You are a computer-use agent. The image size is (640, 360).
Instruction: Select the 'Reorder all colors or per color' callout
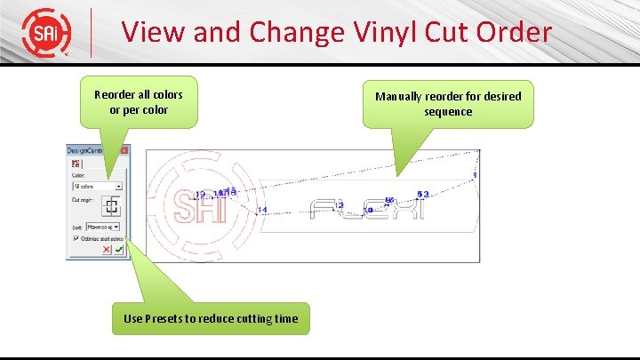click(139, 103)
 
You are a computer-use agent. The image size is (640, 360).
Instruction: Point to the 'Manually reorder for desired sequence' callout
click(448, 104)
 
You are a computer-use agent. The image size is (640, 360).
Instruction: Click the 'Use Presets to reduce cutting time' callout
click(211, 318)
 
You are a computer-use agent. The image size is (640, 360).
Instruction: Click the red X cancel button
click(107, 251)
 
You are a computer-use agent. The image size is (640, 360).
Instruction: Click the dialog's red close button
click(124, 151)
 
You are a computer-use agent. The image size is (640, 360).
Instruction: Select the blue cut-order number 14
click(261, 210)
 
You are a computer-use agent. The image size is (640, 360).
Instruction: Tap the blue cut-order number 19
click(199, 194)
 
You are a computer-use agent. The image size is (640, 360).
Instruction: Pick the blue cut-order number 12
click(340, 204)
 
